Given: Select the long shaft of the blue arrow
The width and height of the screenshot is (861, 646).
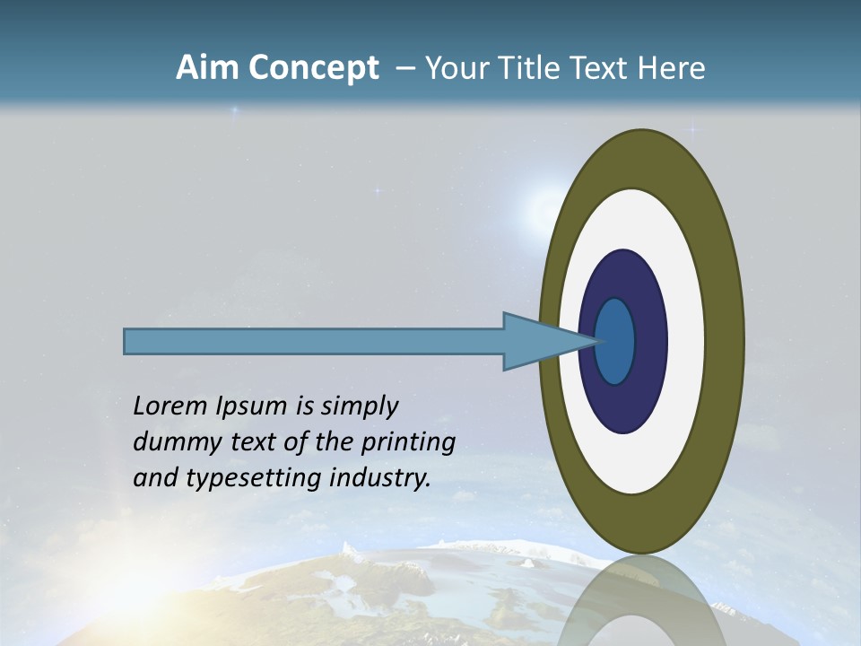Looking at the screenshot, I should point(314,341).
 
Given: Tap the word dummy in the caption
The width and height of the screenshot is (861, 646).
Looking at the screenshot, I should point(171,442).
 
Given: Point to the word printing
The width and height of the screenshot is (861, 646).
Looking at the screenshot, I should point(408,443).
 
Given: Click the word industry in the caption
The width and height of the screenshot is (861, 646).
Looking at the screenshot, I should point(380,478).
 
